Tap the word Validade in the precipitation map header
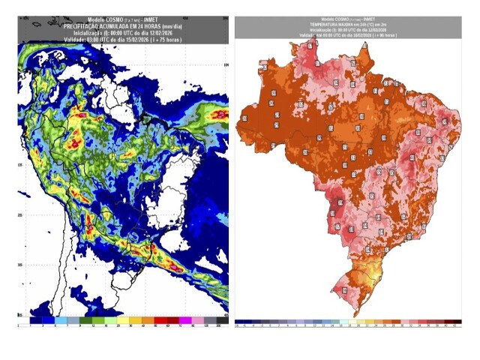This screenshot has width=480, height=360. pyautogui.click(x=75, y=38)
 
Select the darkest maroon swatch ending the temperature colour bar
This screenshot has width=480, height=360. pyautogui.click(x=457, y=321)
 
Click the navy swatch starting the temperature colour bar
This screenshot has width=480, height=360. pyautogui.click(x=239, y=321)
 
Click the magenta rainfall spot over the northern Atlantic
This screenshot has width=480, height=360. pyautogui.click(x=220, y=114)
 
